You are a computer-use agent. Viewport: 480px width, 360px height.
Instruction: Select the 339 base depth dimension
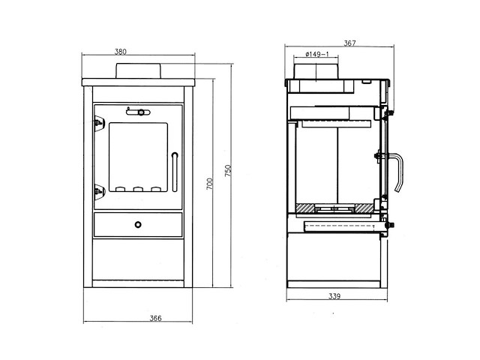[x=335, y=297]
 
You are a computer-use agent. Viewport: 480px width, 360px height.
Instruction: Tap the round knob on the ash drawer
[x=138, y=223]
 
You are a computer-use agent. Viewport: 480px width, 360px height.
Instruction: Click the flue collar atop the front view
[x=137, y=70]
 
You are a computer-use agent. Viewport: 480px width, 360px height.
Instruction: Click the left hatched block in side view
[x=306, y=207]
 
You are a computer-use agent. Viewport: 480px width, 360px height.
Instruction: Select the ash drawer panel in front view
[x=138, y=224]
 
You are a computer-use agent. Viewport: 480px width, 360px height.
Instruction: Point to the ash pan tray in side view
[x=337, y=226]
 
